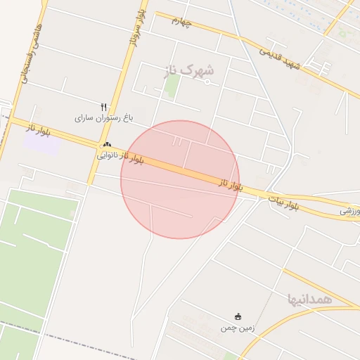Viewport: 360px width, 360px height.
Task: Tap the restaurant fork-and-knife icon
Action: click(x=104, y=106)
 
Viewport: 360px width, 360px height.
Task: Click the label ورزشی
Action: click(x=349, y=210)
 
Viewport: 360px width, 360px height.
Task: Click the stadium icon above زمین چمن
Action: click(x=238, y=316)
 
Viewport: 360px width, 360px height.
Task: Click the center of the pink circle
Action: click(x=180, y=179)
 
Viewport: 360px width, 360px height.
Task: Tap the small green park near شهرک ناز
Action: click(x=172, y=86)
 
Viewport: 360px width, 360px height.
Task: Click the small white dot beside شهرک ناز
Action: click(x=207, y=82)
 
